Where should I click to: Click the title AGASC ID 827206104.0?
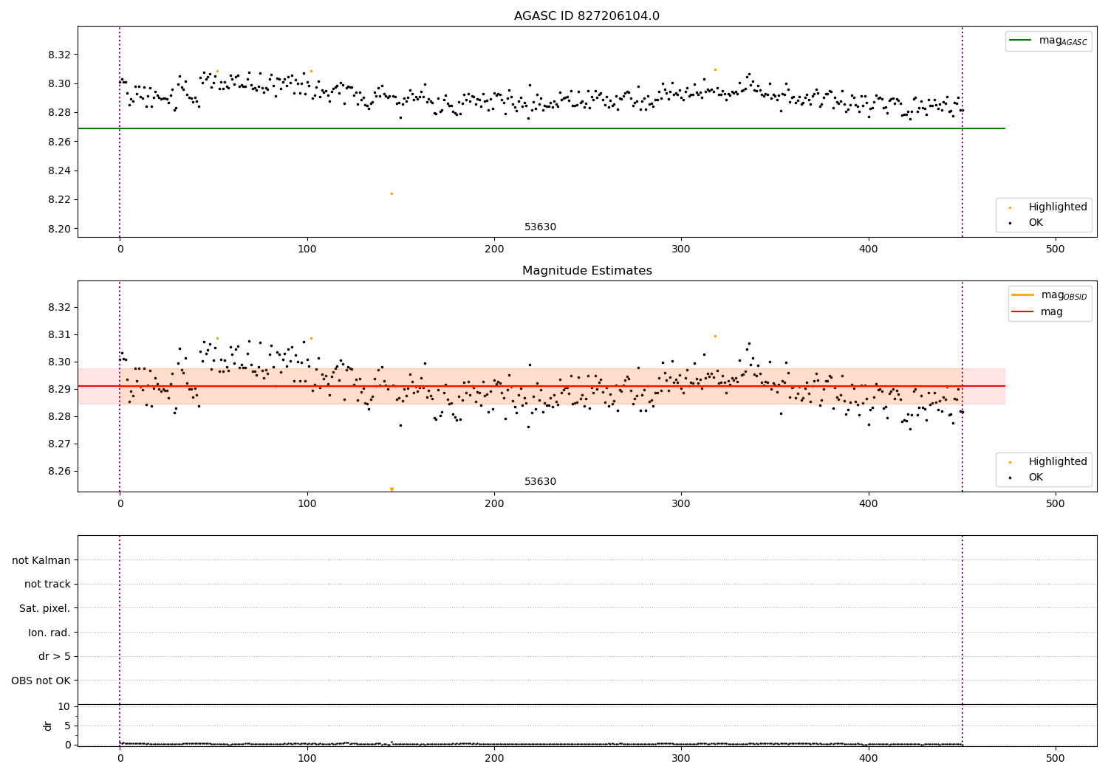587,16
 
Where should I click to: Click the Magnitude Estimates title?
587,271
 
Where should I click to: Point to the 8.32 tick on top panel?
58,55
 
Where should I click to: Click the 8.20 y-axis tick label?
58,229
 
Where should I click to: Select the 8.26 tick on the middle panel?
58,472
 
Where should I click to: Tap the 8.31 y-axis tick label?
58,334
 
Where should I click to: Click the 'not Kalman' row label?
41,560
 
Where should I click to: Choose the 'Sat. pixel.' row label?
45,608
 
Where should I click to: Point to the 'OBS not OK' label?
41,681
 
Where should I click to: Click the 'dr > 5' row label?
55,656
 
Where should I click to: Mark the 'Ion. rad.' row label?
49,633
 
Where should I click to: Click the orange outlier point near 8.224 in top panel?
391,193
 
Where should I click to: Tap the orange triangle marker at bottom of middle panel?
391,489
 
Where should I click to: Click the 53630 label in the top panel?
540,227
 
